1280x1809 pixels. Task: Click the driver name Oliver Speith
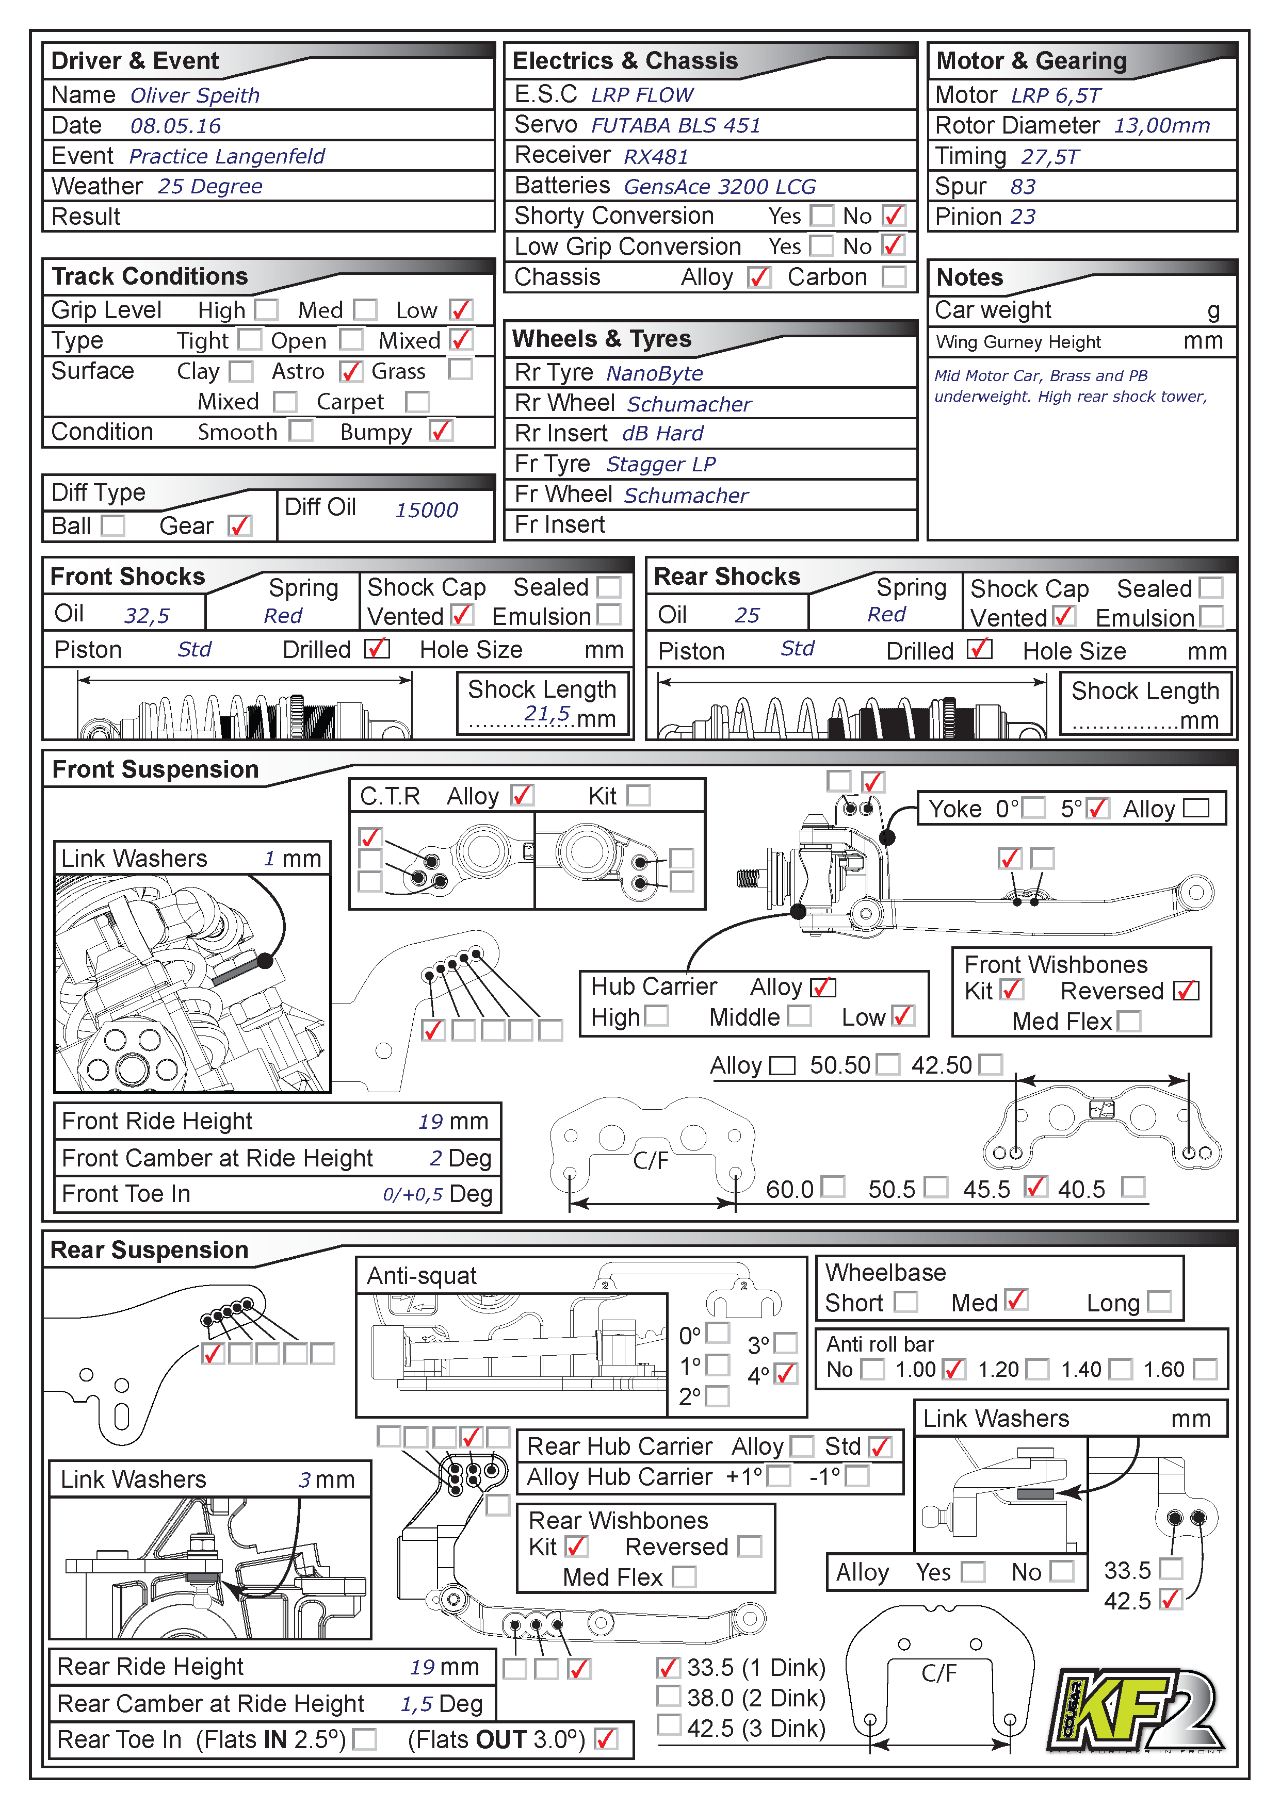click(x=194, y=95)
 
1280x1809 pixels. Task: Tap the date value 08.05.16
click(x=175, y=126)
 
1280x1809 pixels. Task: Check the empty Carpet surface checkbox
click(x=417, y=402)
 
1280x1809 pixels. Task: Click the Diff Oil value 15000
click(x=426, y=511)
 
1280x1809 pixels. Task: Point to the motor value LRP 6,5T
click(x=1056, y=96)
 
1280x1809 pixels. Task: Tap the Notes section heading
click(x=969, y=277)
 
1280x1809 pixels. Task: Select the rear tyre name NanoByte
click(x=654, y=373)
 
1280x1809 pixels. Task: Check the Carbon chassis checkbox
click(x=894, y=277)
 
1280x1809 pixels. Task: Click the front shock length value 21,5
click(x=546, y=713)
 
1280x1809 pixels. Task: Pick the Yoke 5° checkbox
click(x=1097, y=809)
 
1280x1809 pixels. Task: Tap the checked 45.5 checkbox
click(x=1035, y=1187)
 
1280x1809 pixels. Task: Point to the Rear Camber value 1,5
click(x=416, y=1704)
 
